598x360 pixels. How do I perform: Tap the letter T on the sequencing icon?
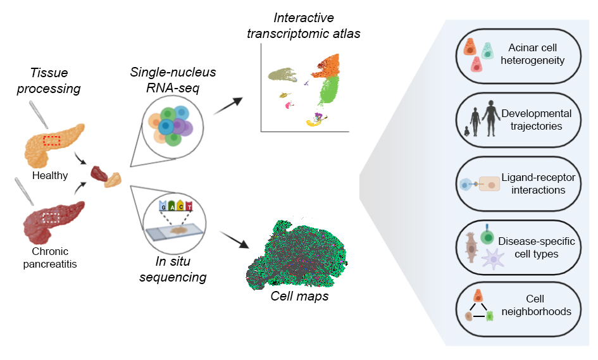click(x=189, y=206)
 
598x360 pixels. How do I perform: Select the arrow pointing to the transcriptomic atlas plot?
click(x=228, y=106)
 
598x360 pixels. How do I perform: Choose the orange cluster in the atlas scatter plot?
click(x=325, y=65)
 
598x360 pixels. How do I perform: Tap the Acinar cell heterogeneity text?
click(x=536, y=54)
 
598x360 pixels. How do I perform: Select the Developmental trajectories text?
click(x=536, y=120)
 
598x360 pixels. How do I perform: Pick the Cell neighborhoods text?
click(x=536, y=305)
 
